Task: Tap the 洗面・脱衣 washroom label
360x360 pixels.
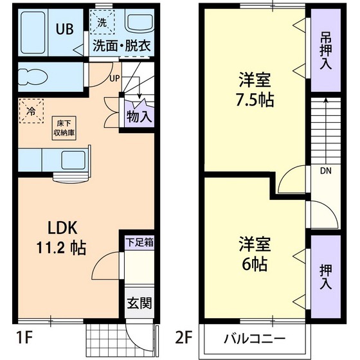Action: point(121,46)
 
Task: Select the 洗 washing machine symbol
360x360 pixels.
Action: point(102,22)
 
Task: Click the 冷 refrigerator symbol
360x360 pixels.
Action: point(32,111)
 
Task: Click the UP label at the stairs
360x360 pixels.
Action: point(114,78)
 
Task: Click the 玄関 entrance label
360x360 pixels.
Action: point(139,303)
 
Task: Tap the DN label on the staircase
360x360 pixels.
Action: point(327,171)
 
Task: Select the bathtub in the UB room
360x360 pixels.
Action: point(32,32)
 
